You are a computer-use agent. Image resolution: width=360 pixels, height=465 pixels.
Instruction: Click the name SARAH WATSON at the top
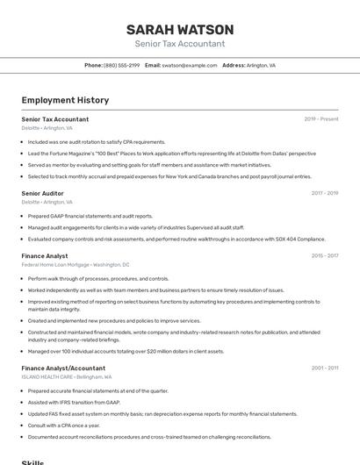[179, 29]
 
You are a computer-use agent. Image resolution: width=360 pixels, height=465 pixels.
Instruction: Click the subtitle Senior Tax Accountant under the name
[179, 44]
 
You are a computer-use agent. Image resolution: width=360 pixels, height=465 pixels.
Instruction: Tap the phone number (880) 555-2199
[121, 65]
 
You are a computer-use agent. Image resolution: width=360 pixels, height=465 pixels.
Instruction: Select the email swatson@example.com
[190, 65]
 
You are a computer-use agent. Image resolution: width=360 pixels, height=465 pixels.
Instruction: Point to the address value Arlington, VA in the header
[261, 65]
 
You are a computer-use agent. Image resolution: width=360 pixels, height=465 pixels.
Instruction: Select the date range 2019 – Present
[321, 119]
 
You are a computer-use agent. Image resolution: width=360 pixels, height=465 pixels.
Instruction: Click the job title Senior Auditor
[42, 193]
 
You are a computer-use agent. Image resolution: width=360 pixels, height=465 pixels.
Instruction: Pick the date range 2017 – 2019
[325, 193]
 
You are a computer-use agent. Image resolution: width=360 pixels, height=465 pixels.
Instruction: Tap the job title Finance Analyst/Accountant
[63, 368]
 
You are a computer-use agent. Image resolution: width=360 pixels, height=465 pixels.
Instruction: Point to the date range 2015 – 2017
[325, 256]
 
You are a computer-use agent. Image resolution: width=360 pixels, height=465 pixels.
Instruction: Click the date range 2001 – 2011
[325, 368]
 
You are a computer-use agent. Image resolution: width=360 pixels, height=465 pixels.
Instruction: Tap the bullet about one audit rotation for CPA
[97, 141]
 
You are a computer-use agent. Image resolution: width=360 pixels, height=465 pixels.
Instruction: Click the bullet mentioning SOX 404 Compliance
[176, 239]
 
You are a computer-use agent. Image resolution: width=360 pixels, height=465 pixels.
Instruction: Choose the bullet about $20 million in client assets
[125, 351]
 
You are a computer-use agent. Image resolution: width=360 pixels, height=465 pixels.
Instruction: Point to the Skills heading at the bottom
[32, 461]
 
